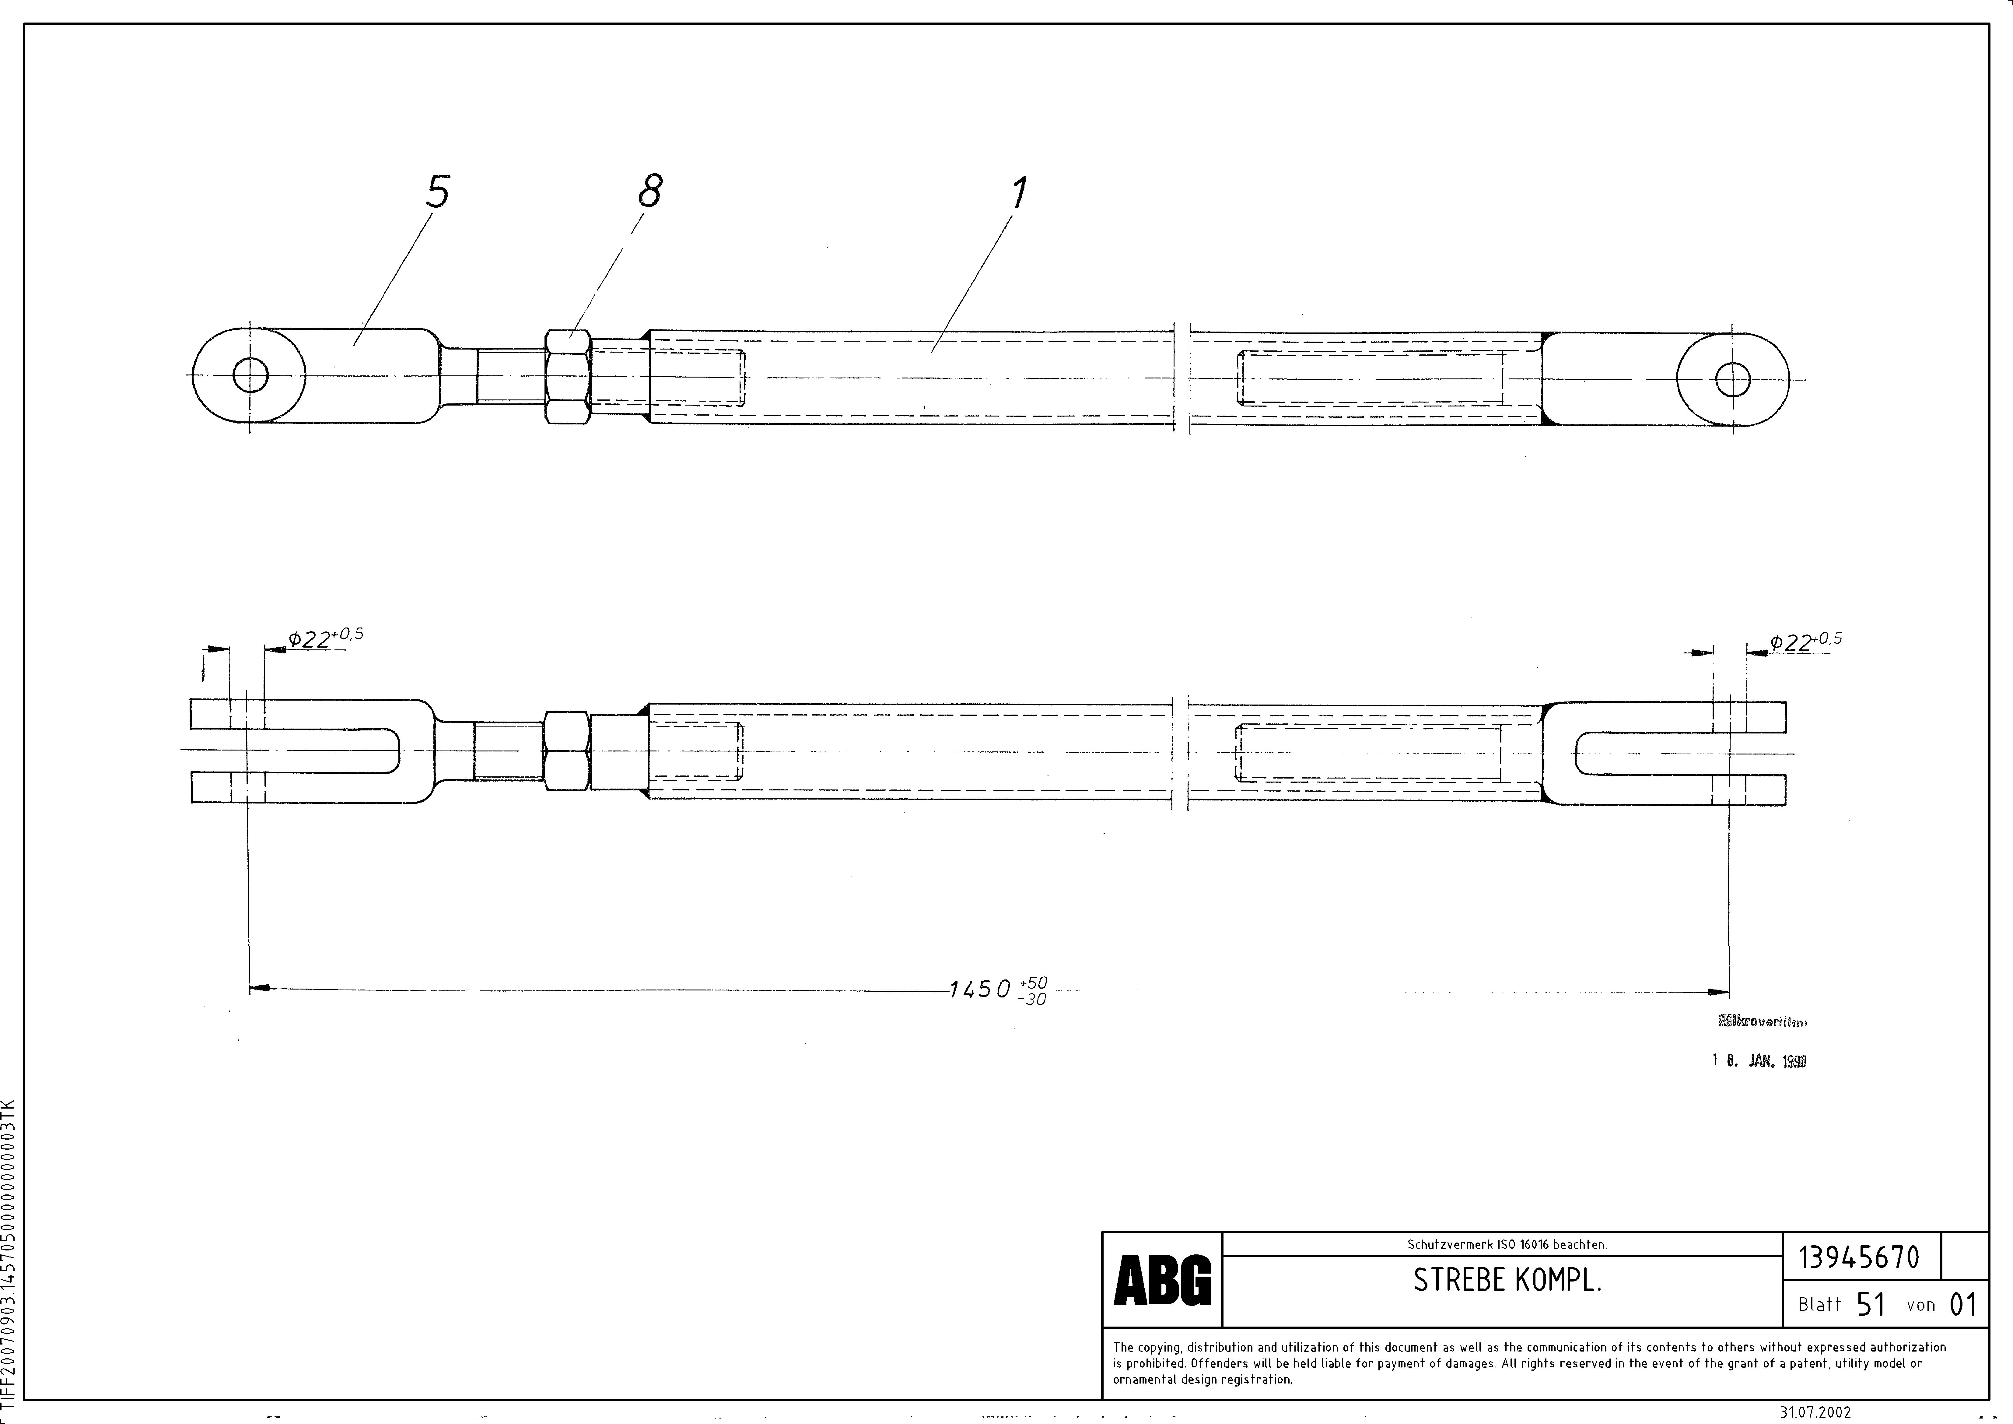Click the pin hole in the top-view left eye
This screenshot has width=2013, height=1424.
pos(251,376)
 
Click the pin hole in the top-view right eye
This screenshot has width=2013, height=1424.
pos(1732,380)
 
